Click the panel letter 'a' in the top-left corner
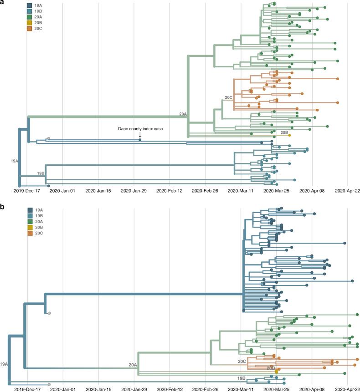pyautogui.click(x=2, y=3)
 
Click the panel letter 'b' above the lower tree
pyautogui.click(x=2, y=206)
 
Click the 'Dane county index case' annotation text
pyautogui.click(x=139, y=129)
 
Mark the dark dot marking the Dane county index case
pyautogui.click(x=140, y=139)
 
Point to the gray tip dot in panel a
pyautogui.click(x=48, y=138)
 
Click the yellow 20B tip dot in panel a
pyautogui.click(x=289, y=135)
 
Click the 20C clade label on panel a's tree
pyautogui.click(x=228, y=97)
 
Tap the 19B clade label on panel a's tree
pyautogui.click(x=41, y=173)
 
